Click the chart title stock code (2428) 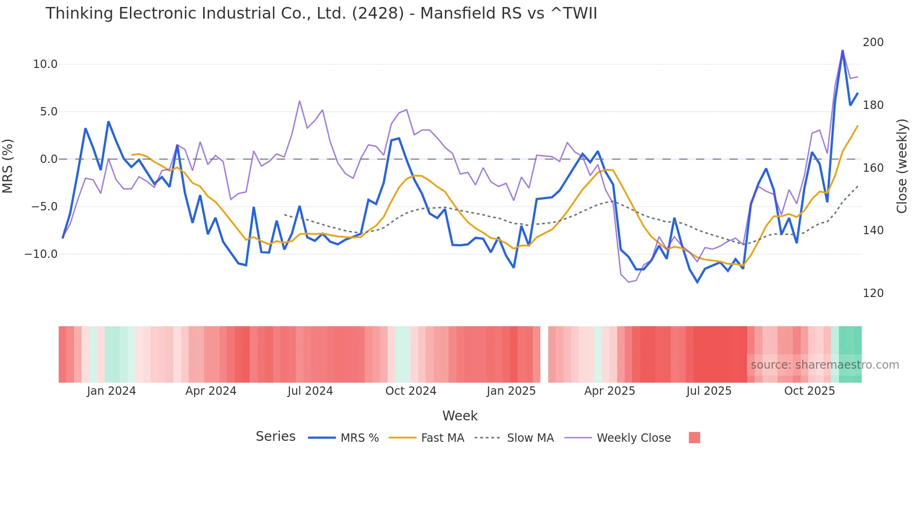pos(378,13)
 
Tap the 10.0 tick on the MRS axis pos(45,64)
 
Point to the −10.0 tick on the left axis pos(41,254)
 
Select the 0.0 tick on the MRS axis pos(48,159)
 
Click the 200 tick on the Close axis pos(873,42)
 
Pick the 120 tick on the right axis pos(873,293)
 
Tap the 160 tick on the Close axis pos(873,168)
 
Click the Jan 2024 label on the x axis pos(111,391)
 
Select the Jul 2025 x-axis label pos(709,391)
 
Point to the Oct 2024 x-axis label pos(410,391)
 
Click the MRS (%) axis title pos(8,166)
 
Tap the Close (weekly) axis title pos(902,166)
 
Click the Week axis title pos(460,416)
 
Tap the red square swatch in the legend pos(694,438)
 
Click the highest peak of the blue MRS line pos(842,51)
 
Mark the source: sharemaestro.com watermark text pos(824,365)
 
